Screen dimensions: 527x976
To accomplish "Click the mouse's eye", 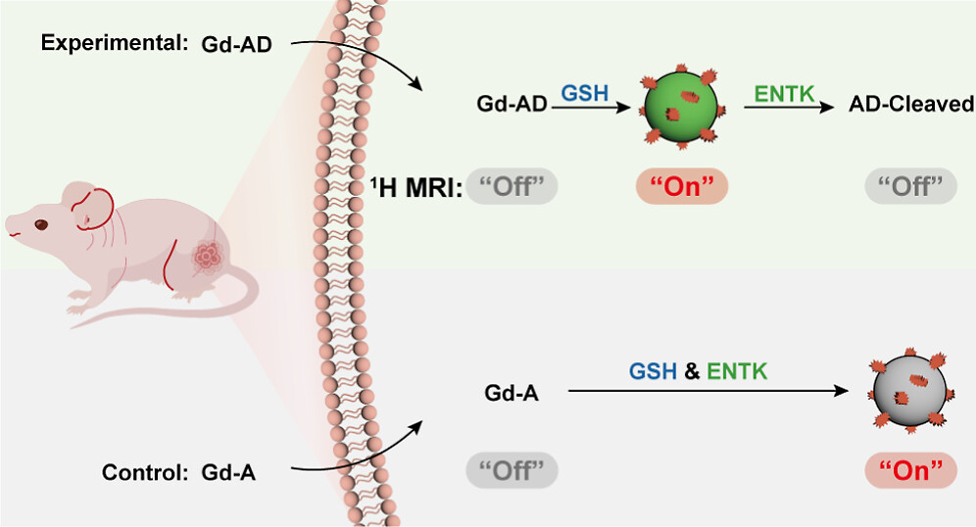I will [41, 224].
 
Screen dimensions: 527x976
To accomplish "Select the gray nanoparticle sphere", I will [908, 390].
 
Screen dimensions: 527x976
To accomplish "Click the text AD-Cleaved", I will [910, 104].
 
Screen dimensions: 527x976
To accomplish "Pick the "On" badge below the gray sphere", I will [910, 471].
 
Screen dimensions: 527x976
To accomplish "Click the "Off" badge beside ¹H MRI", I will [512, 185].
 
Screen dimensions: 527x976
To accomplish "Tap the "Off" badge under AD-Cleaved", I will [910, 185].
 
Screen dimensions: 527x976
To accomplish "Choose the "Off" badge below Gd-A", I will [512, 471].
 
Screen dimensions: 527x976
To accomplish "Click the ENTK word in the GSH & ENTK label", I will [738, 372].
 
